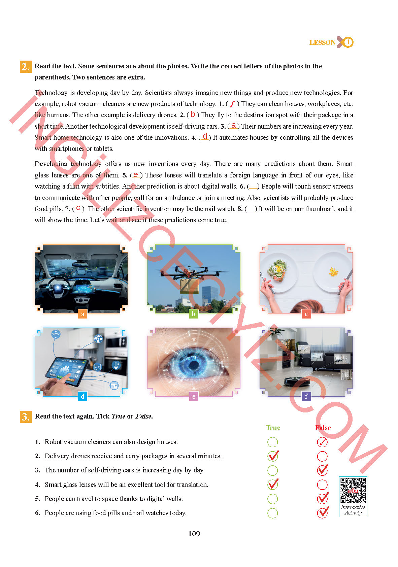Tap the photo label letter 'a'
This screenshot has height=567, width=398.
pyautogui.click(x=82, y=314)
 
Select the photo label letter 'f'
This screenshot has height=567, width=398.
pyautogui.click(x=306, y=396)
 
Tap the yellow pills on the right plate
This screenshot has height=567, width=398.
pyautogui.click(x=333, y=271)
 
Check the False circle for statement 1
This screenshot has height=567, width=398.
pyautogui.click(x=322, y=442)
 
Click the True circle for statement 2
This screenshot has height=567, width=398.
pyautogui.click(x=273, y=456)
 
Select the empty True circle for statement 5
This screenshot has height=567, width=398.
pyautogui.click(x=273, y=499)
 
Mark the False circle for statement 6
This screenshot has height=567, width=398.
pyautogui.click(x=322, y=513)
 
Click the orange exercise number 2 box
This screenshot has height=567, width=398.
pyautogui.click(x=26, y=67)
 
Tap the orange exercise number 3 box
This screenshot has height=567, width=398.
pyautogui.click(x=26, y=416)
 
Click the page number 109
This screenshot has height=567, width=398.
pyautogui.click(x=194, y=534)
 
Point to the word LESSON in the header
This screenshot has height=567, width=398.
pyautogui.click(x=322, y=42)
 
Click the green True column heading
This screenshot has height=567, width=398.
pyautogui.click(x=273, y=428)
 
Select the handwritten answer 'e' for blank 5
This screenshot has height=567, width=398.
pyautogui.click(x=136, y=174)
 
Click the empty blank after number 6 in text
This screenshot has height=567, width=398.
pyautogui.click(x=253, y=186)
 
